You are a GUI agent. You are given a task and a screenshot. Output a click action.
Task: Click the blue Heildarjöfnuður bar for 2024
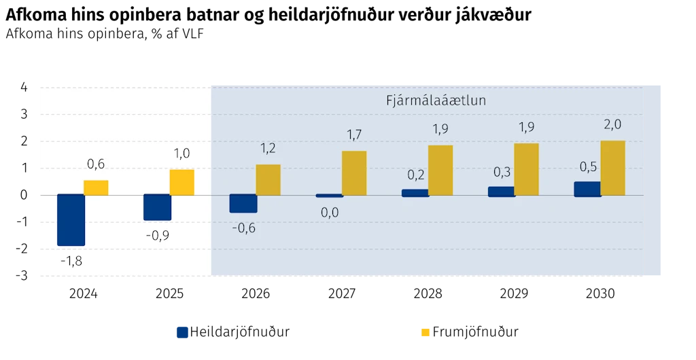pos(71,220)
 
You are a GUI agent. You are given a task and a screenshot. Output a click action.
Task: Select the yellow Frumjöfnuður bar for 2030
pos(612,168)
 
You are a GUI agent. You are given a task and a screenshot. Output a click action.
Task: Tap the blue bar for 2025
pos(157,207)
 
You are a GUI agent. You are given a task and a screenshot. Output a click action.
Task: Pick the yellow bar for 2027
pos(353,173)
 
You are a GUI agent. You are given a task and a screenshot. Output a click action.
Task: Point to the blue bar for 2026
pos(243,204)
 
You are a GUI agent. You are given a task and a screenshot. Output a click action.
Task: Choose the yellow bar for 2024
pos(96,188)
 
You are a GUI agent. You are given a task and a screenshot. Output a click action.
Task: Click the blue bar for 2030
pos(587,189)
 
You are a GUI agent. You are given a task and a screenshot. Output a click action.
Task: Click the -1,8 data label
pos(71,261)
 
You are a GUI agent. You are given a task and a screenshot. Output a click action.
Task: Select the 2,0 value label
pos(612,124)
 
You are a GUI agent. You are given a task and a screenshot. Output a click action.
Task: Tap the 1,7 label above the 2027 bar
pos(354,134)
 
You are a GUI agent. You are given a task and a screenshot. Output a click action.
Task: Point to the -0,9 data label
pos(158,236)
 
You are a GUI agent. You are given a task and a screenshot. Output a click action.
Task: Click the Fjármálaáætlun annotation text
pos(436,101)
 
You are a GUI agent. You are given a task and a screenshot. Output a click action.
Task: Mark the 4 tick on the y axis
pos(24,88)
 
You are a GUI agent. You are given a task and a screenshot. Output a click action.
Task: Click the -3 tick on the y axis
pos(21,276)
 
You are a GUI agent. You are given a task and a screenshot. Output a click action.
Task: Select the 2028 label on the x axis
pos(428,293)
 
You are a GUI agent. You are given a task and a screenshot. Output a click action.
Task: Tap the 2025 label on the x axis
pos(169,293)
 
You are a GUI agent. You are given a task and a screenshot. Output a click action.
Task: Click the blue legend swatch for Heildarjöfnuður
pos(182,332)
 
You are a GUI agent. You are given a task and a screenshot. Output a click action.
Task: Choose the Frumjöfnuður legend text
pos(475,332)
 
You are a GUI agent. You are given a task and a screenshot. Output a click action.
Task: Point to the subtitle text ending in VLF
pos(105,34)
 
